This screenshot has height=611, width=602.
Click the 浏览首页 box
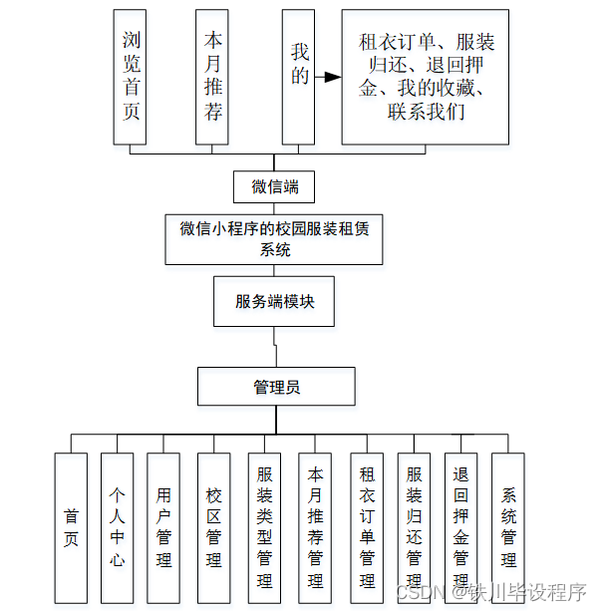pyautogui.click(x=132, y=77)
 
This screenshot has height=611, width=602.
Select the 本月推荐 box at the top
pyautogui.click(x=212, y=77)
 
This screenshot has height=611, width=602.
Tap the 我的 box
pyautogui.click(x=299, y=77)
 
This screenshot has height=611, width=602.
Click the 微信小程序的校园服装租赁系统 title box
pyautogui.click(x=274, y=239)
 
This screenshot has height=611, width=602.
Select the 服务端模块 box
pyautogui.click(x=274, y=301)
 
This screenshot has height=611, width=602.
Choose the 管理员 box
pyautogui.click(x=276, y=387)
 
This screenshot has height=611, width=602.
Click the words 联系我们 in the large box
pyautogui.click(x=426, y=112)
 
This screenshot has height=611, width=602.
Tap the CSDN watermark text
pyautogui.click(x=419, y=593)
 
